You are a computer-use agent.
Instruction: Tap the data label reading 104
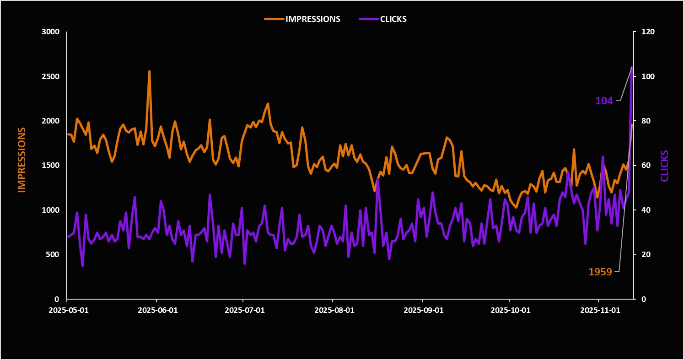coord(604,101)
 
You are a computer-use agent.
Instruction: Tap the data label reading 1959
coord(600,272)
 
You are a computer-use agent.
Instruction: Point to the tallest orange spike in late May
coord(149,71)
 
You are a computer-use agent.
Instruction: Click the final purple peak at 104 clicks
coord(632,68)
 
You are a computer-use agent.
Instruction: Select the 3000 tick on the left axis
coord(51,32)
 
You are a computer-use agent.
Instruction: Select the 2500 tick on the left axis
coord(51,76)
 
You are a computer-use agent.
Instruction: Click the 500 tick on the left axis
coord(53,254)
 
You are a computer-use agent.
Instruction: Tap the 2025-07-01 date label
coord(244,310)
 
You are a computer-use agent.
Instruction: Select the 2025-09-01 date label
coord(423,310)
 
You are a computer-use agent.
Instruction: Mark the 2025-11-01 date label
coord(600,310)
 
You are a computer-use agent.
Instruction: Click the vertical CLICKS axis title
coord(664,166)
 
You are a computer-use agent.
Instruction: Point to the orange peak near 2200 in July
coord(268,104)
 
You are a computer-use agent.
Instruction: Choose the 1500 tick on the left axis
coord(51,166)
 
